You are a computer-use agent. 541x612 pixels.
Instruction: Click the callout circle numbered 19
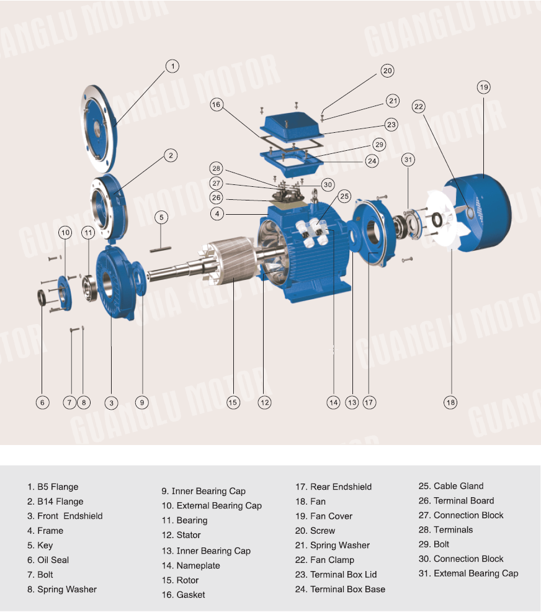pos(484,87)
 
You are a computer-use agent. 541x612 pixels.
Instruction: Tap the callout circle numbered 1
pos(172,66)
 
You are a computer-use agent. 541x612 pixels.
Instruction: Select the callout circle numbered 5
pos(161,217)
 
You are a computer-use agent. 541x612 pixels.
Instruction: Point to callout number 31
pos(408,160)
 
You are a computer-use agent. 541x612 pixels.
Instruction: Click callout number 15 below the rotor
pos(233,402)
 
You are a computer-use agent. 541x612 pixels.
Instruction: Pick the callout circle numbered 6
pos(42,402)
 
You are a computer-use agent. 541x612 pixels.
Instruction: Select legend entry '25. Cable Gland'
pos(450,486)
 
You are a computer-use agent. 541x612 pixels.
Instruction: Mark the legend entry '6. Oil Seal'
pos(48,560)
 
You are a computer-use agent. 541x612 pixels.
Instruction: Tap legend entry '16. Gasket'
pos(183,595)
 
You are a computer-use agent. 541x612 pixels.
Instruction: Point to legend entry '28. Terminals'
pos(445,530)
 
